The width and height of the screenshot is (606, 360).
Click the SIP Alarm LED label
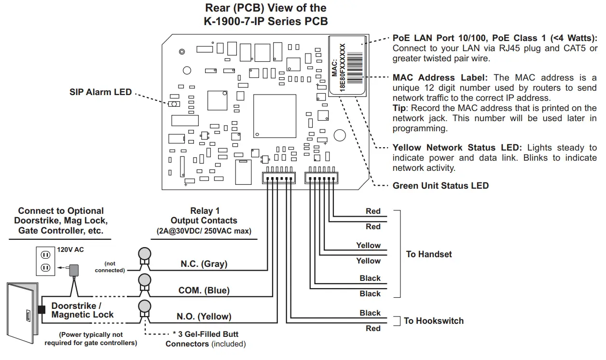click(x=100, y=92)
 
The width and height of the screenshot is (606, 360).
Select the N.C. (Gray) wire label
click(x=204, y=264)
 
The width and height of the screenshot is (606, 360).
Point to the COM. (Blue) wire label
click(x=204, y=291)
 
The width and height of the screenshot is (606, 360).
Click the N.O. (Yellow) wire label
click(x=204, y=317)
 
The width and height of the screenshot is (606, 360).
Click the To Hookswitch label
click(x=433, y=321)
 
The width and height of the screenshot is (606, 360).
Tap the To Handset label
click(x=429, y=254)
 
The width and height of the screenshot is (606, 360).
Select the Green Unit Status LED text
click(x=441, y=186)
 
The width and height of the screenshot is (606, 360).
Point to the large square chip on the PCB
click(x=275, y=116)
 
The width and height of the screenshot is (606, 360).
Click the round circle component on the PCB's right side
click(x=340, y=136)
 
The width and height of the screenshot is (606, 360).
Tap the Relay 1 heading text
click(x=205, y=211)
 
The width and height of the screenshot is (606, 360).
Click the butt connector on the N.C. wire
click(x=144, y=256)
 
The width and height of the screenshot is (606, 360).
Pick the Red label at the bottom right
click(x=373, y=329)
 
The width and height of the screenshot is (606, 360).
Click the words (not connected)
click(x=110, y=267)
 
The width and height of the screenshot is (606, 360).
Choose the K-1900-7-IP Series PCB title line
click(x=266, y=21)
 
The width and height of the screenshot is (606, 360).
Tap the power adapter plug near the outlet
click(x=74, y=270)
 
